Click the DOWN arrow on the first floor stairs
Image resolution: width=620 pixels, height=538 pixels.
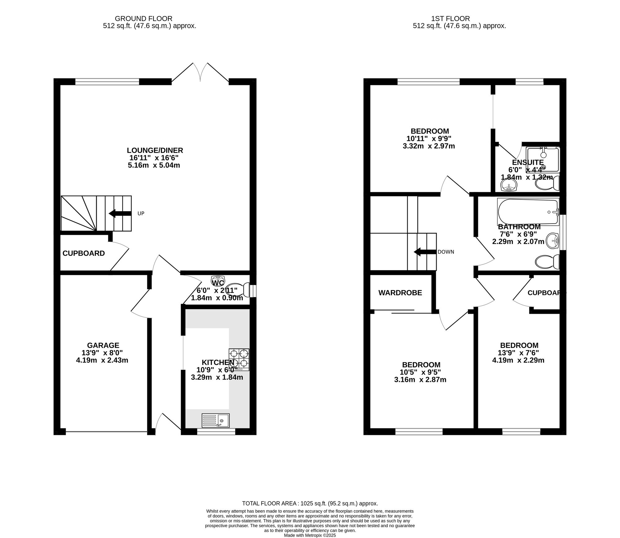pos(425,252)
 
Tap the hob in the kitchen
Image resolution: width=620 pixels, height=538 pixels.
pos(239,360)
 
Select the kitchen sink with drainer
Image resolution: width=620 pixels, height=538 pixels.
pos(215,420)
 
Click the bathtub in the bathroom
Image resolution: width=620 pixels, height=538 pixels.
pos(528,212)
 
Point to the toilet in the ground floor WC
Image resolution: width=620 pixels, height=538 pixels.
pos(239,289)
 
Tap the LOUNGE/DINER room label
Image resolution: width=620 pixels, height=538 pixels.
pos(155,151)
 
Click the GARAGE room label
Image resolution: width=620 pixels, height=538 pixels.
pos(103,345)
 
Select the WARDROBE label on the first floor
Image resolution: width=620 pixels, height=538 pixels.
pos(400,293)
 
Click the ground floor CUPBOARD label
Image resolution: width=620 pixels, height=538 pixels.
pos(84,253)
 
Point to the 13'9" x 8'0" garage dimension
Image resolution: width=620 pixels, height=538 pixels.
pos(102,353)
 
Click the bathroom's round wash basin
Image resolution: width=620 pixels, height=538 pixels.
pos(552,240)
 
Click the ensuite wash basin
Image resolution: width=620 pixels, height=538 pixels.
pos(509,186)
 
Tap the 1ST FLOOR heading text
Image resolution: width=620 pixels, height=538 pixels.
pos(459,19)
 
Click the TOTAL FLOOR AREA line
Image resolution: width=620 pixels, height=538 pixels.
pos(310,503)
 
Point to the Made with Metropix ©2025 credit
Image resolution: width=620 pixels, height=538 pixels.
pos(310,535)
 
